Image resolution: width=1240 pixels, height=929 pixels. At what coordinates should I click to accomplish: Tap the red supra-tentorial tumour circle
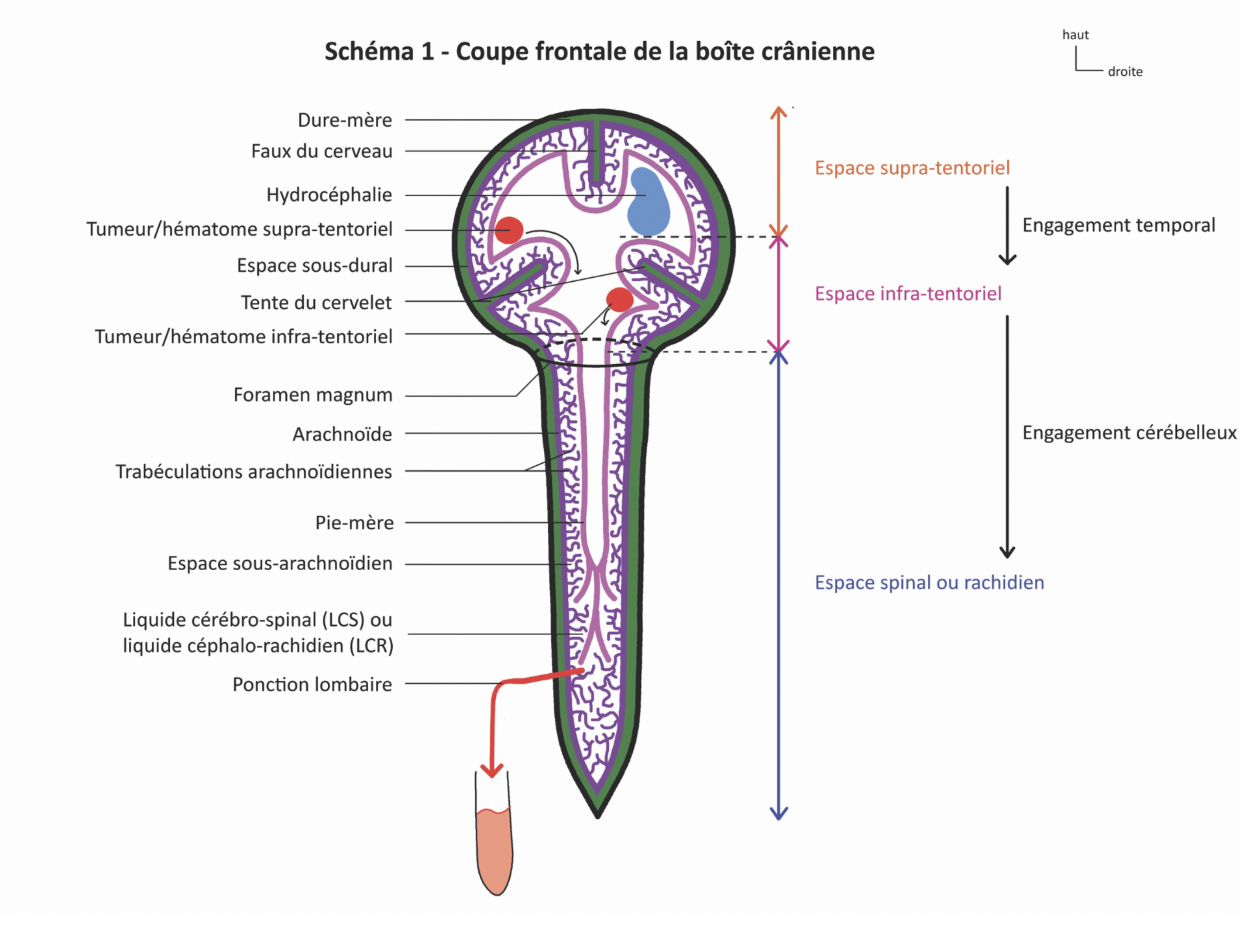point(509,230)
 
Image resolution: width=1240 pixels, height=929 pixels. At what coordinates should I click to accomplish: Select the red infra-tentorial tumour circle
point(620,300)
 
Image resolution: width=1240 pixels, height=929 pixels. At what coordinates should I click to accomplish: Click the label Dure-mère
point(345,120)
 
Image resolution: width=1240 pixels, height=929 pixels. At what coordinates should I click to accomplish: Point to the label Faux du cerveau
point(321,152)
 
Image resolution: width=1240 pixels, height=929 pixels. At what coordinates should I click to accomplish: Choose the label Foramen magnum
point(313,395)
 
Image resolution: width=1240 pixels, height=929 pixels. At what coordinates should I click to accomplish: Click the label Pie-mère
point(354,523)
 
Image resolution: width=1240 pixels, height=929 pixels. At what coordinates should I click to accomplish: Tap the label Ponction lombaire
point(312,684)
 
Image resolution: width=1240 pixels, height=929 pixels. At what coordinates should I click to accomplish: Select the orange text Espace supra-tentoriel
point(912,167)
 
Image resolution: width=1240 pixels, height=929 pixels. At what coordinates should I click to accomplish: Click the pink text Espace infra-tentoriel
point(908,293)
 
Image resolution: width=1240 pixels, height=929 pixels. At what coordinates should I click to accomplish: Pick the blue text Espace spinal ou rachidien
point(929,583)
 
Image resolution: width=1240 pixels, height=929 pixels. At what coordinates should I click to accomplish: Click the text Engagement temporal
point(1118,225)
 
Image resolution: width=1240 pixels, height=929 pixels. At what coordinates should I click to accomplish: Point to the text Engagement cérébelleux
point(1128,433)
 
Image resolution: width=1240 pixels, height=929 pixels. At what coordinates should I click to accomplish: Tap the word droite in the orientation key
point(1125,72)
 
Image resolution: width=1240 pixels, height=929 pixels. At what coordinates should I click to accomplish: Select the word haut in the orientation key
point(1075,35)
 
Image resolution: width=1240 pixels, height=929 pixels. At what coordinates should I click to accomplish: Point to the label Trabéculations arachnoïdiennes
point(253,472)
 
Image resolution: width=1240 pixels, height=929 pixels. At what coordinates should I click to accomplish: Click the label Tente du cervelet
point(316,303)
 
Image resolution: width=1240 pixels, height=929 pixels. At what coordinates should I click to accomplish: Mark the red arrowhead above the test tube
point(492,770)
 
